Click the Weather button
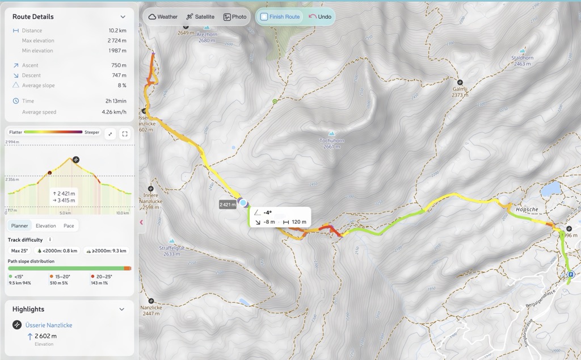click(x=163, y=17)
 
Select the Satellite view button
click(x=200, y=17)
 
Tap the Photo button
click(x=235, y=17)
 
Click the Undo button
click(x=320, y=17)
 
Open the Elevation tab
click(x=46, y=225)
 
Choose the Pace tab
click(x=69, y=225)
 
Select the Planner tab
click(x=19, y=225)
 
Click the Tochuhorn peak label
click(x=332, y=140)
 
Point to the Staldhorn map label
click(x=522, y=58)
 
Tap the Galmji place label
click(x=460, y=89)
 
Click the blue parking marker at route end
click(x=571, y=276)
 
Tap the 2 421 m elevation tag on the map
click(x=228, y=204)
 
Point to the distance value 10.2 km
click(x=117, y=31)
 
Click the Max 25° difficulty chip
click(x=20, y=250)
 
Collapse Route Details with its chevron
click(x=123, y=17)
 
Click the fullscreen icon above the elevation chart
click(x=125, y=134)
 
